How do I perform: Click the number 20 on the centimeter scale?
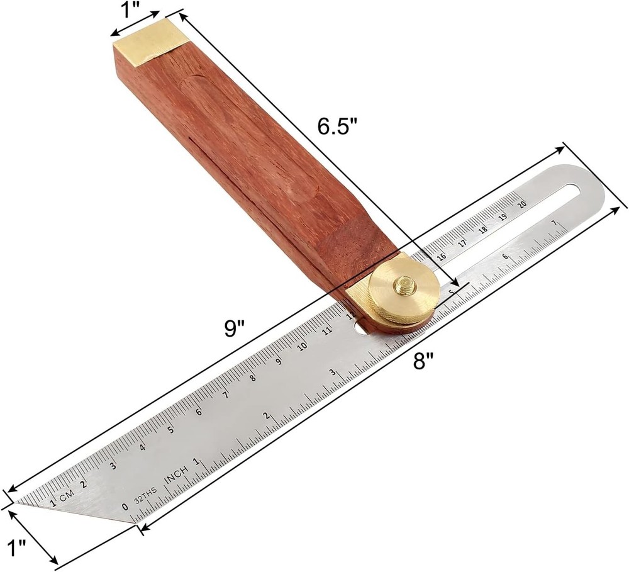[x=521, y=203]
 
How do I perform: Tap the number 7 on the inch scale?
[x=553, y=223]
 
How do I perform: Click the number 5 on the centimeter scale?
[x=170, y=430]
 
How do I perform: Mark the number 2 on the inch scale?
[x=267, y=416]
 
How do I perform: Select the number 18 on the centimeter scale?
[x=482, y=229]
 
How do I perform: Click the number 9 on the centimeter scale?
[x=278, y=361]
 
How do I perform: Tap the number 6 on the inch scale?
[x=505, y=257]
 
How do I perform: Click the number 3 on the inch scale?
[x=331, y=373]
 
